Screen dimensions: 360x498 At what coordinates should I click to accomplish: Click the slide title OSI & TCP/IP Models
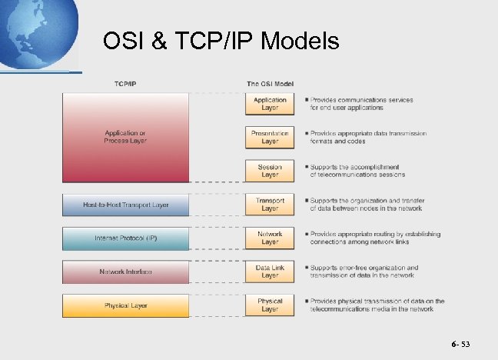[x=221, y=41]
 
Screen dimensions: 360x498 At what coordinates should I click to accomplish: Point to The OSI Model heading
[x=269, y=83]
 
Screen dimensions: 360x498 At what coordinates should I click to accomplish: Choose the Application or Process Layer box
[x=125, y=137]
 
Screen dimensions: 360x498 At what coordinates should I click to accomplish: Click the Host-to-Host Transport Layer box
[x=125, y=205]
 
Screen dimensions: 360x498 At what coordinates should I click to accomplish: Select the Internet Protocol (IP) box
[x=125, y=238]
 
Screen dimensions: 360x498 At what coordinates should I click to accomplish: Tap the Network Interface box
[x=125, y=272]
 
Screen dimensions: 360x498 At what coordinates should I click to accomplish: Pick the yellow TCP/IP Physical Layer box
[x=125, y=305]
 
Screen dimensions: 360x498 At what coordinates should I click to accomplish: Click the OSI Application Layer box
[x=270, y=104]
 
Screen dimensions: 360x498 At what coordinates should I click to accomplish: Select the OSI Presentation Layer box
[x=270, y=137]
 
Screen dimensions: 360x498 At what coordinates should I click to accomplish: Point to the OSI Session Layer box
[x=270, y=171]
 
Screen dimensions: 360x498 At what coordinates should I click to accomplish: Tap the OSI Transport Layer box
[x=270, y=205]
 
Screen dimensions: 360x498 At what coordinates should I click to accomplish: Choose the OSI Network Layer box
[x=270, y=238]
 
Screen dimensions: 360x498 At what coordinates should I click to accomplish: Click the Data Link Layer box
[x=270, y=272]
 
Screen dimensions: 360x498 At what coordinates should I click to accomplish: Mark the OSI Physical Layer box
[x=270, y=305]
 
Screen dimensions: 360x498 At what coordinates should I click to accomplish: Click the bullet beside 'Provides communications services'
[x=306, y=100]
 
